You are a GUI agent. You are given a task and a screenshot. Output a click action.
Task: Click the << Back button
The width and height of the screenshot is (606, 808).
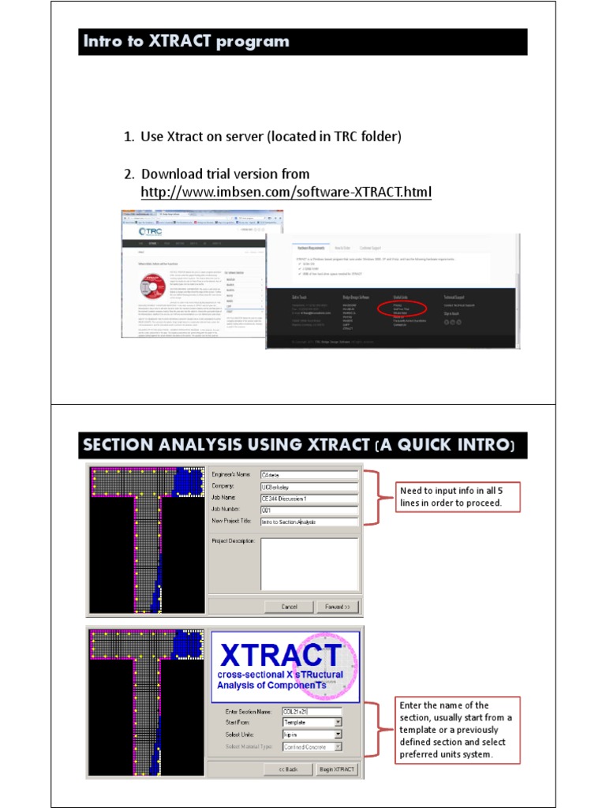286,769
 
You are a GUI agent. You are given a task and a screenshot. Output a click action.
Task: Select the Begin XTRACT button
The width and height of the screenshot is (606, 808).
337,769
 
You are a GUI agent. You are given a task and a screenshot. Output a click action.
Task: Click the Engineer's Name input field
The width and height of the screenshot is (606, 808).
309,475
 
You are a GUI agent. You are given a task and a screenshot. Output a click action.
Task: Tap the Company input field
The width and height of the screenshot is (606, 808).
309,487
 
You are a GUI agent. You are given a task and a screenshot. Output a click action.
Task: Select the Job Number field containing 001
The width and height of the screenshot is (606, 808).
309,510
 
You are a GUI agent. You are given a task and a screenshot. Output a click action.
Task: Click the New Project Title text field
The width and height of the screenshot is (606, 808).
309,522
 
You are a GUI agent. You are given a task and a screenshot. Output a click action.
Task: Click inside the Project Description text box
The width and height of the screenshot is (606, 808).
309,563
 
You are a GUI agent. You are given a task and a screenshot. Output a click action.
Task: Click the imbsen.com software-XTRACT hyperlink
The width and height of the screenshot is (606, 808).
286,193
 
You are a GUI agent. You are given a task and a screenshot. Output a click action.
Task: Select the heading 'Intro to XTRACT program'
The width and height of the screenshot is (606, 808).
186,42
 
